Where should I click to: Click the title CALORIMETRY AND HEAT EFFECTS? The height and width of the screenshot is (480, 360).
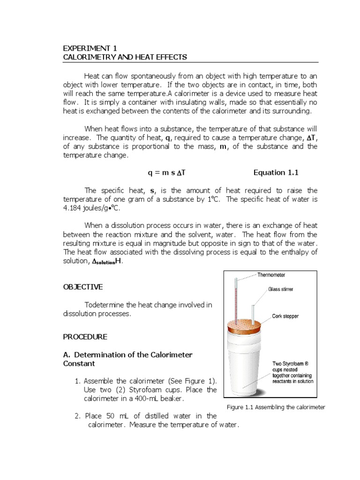pyautogui.click(x=125, y=57)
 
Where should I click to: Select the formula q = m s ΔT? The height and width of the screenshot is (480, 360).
pyautogui.click(x=167, y=172)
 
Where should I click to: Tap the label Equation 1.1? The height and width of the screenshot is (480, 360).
pyautogui.click(x=276, y=172)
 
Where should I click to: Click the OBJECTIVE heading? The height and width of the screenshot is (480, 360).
pyautogui.click(x=83, y=287)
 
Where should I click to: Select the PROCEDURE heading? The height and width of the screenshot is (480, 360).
pyautogui.click(x=85, y=337)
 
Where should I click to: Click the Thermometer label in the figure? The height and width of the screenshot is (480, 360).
pyautogui.click(x=271, y=275)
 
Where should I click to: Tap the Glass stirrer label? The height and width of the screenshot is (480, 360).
pyautogui.click(x=280, y=289)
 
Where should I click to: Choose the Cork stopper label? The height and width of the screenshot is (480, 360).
pyautogui.click(x=285, y=316)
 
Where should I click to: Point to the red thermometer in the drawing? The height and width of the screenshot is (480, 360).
pyautogui.click(x=236, y=300)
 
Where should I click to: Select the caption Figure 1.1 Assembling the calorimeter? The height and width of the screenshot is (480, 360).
pyautogui.click(x=276, y=407)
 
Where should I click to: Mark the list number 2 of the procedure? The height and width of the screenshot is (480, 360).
pyautogui.click(x=77, y=416)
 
